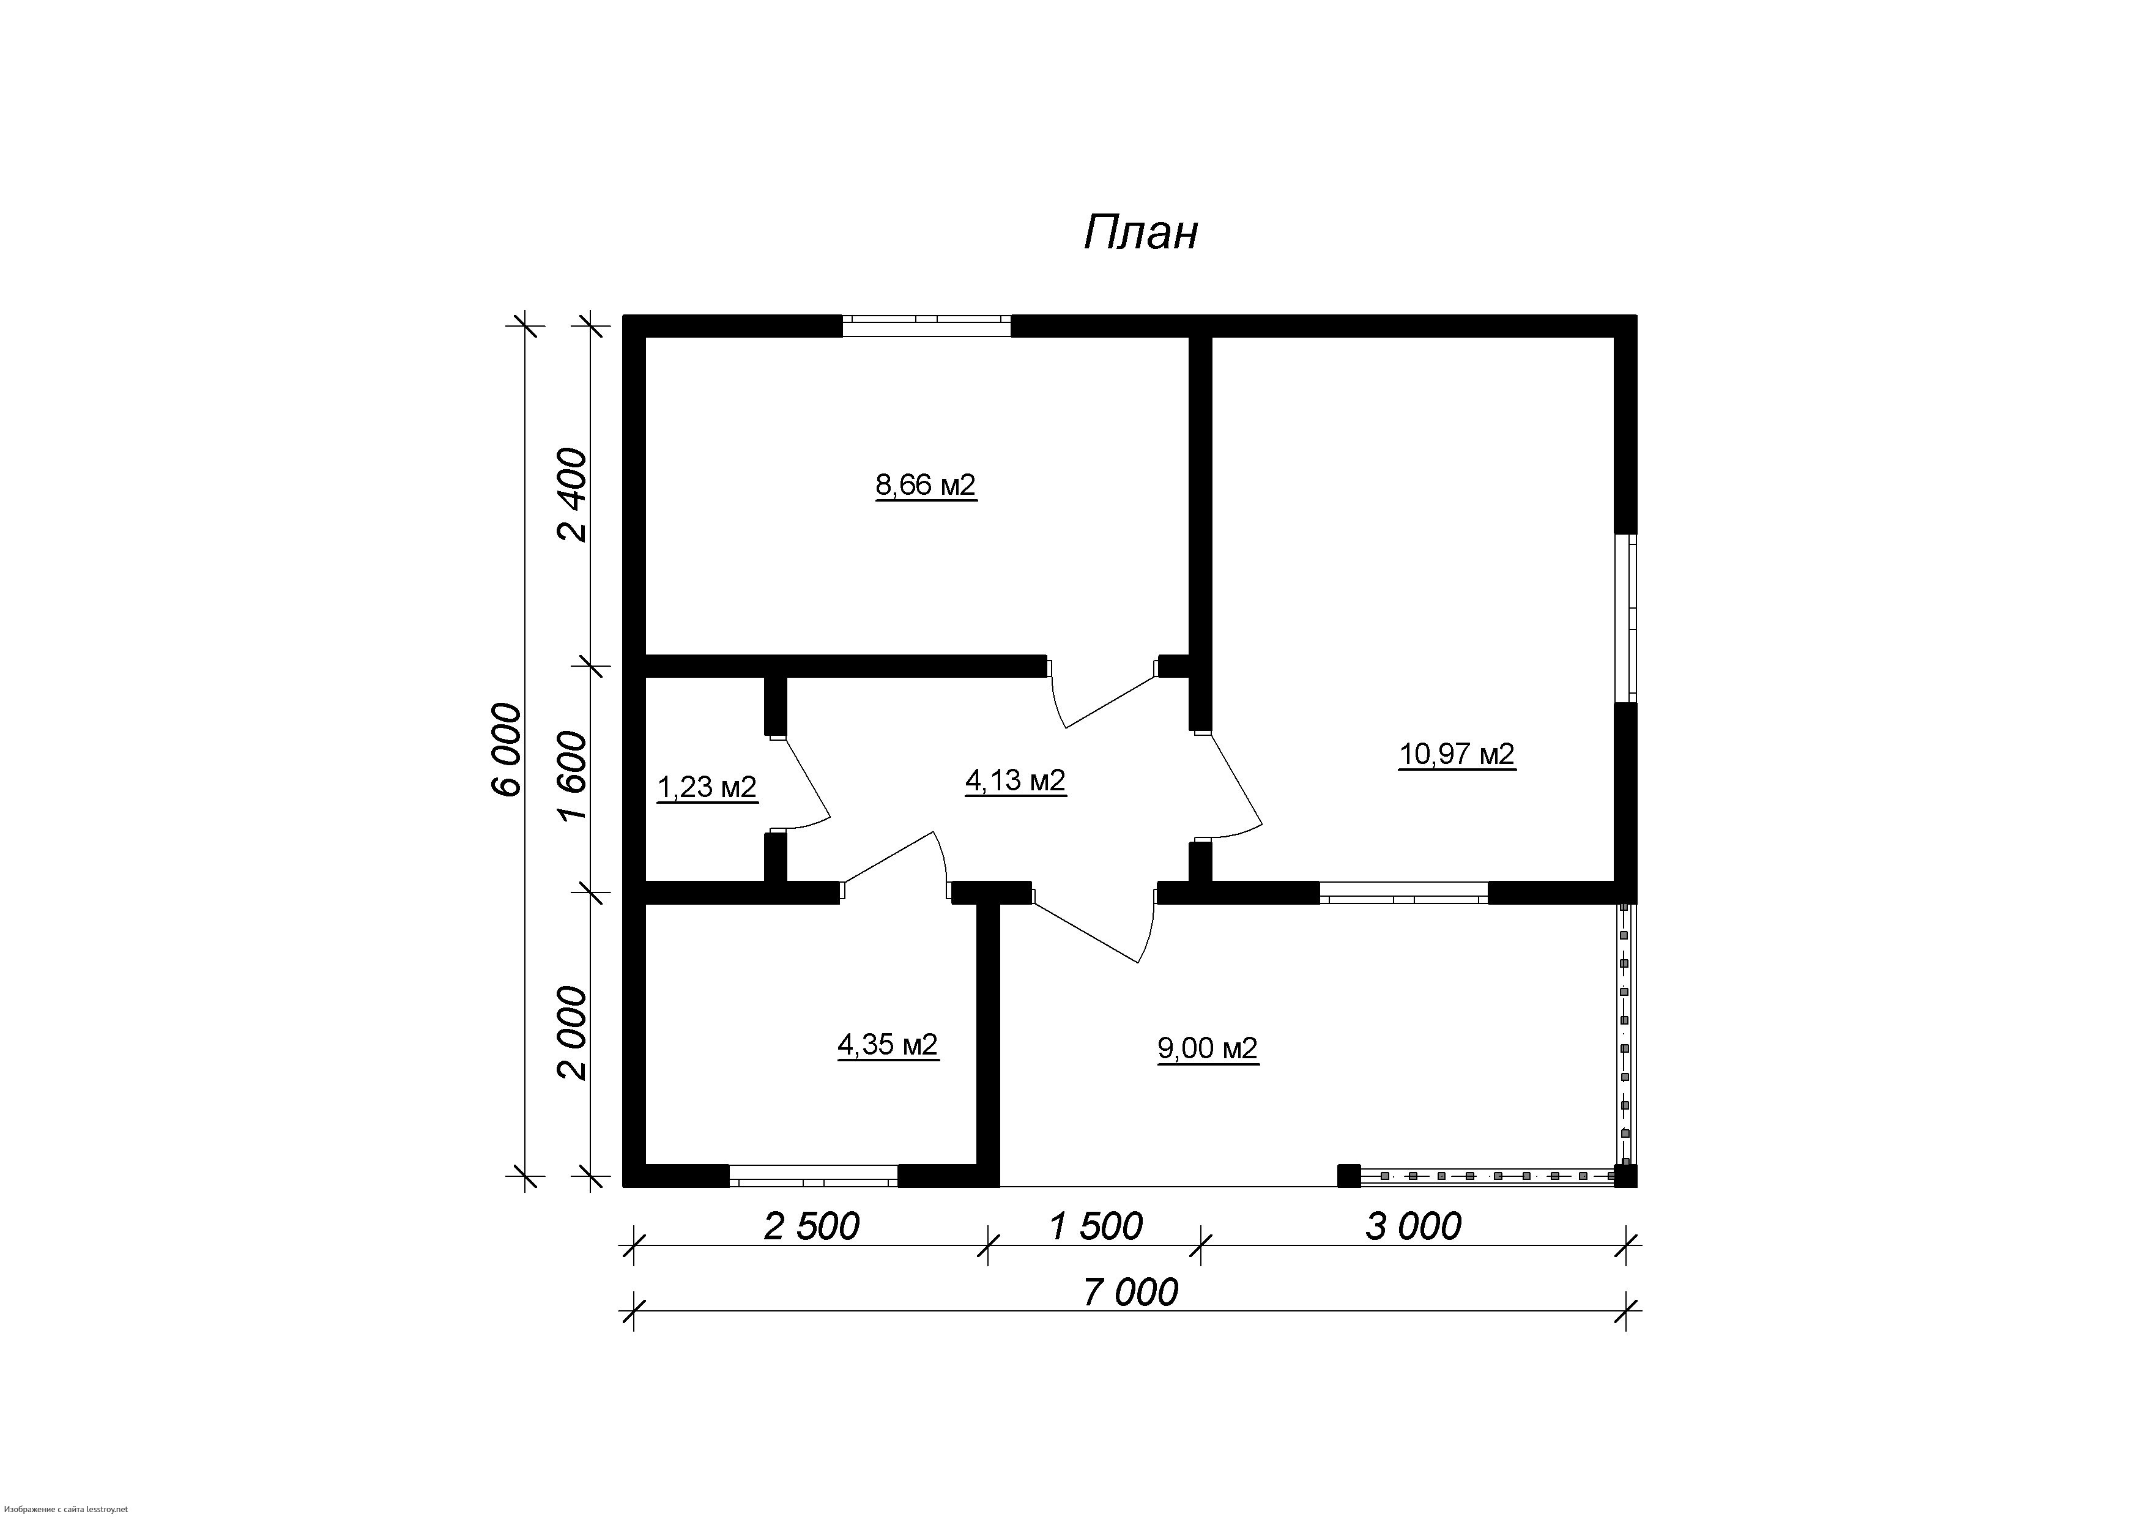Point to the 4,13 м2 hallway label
click(x=1015, y=781)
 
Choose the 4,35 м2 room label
click(x=887, y=1044)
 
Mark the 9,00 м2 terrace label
click(x=1208, y=1048)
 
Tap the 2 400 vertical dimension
click(x=572, y=495)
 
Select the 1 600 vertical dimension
click(x=572, y=776)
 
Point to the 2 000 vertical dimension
click(x=572, y=1033)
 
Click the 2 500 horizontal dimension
click(x=811, y=1226)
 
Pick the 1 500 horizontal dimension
click(x=1096, y=1226)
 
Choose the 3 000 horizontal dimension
click(x=1413, y=1226)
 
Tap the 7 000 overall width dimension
click(x=1131, y=1293)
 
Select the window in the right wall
click(x=1627, y=618)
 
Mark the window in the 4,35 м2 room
click(x=813, y=1176)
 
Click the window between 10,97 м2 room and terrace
click(x=1404, y=892)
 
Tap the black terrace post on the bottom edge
click(x=1349, y=1175)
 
